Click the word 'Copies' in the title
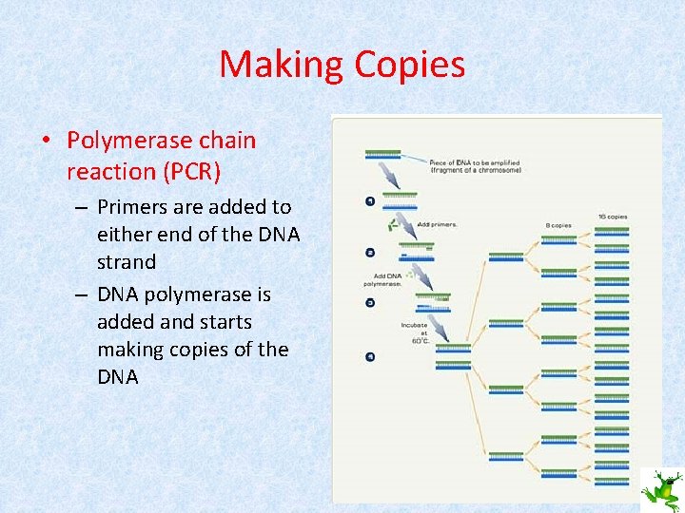click(x=409, y=65)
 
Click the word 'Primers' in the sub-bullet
click(x=134, y=207)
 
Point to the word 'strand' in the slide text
click(x=127, y=261)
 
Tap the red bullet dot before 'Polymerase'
click(x=46, y=142)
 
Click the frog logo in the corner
click(x=659, y=488)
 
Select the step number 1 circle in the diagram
click(x=369, y=200)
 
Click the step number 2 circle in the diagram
click(x=369, y=253)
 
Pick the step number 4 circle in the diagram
click(x=369, y=356)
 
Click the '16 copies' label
click(x=613, y=218)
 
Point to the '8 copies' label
click(x=558, y=225)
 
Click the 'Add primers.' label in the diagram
click(x=439, y=224)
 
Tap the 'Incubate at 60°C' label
click(x=418, y=332)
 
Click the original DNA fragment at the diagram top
click(x=382, y=153)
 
